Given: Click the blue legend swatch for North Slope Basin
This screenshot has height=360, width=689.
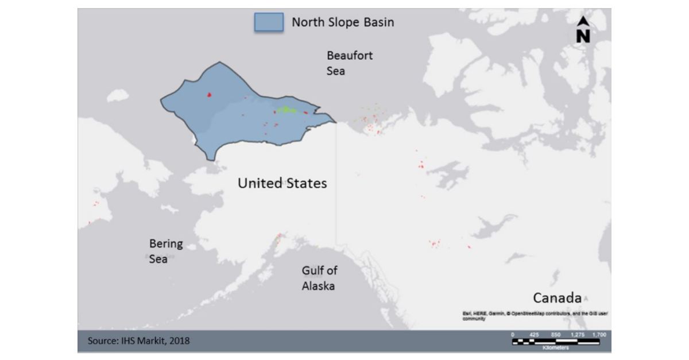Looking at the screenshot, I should [x=269, y=22].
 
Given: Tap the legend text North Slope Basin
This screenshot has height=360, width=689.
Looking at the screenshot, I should [x=343, y=22].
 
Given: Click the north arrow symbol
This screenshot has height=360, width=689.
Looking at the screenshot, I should [x=583, y=30].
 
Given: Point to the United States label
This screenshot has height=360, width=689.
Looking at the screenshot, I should [x=282, y=183].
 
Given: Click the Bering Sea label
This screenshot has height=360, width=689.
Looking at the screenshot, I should [x=165, y=251].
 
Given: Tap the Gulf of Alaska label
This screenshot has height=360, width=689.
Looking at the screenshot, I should [x=319, y=278].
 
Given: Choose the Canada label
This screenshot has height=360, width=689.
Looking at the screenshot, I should [x=557, y=298].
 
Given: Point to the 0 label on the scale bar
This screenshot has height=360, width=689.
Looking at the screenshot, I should [x=513, y=334].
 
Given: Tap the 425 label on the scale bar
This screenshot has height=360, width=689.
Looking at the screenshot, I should [x=534, y=334].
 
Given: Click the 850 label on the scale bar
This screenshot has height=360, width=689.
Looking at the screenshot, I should [x=555, y=334].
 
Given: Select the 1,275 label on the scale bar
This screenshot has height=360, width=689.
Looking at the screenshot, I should [x=577, y=334].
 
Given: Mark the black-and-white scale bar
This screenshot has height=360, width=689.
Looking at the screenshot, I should [x=556, y=342].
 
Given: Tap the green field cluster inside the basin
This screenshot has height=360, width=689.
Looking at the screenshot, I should [x=286, y=109].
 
